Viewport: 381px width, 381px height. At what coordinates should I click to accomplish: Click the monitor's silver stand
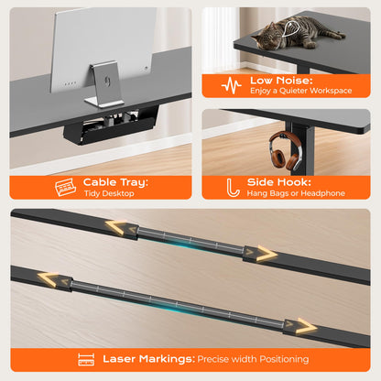(x=104, y=85)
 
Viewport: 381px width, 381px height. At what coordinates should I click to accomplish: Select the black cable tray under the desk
(x=113, y=126)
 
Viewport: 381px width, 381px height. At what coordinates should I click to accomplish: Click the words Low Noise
(x=281, y=81)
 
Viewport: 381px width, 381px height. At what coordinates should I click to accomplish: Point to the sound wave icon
(x=232, y=85)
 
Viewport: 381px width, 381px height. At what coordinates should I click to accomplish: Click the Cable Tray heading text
(x=115, y=182)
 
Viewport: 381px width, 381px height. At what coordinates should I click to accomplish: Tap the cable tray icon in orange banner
(x=65, y=187)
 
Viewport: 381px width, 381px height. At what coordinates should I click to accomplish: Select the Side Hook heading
(x=278, y=182)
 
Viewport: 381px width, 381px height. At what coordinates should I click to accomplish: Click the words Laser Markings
(x=148, y=359)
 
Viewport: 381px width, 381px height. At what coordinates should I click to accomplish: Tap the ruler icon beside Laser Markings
(x=86, y=359)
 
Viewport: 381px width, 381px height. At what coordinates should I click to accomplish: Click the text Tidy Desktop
(x=109, y=193)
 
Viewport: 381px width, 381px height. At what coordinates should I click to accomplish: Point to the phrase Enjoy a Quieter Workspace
(x=300, y=91)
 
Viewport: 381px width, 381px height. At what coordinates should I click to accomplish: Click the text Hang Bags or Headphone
(x=296, y=193)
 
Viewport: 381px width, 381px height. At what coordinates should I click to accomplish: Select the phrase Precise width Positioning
(x=253, y=359)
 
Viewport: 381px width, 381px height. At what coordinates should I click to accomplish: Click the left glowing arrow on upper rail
(x=116, y=227)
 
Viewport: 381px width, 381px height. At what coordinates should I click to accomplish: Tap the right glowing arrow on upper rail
(x=267, y=254)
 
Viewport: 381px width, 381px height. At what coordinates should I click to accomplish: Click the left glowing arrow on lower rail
(x=48, y=279)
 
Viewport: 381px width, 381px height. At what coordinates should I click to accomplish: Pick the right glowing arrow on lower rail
(x=307, y=327)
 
